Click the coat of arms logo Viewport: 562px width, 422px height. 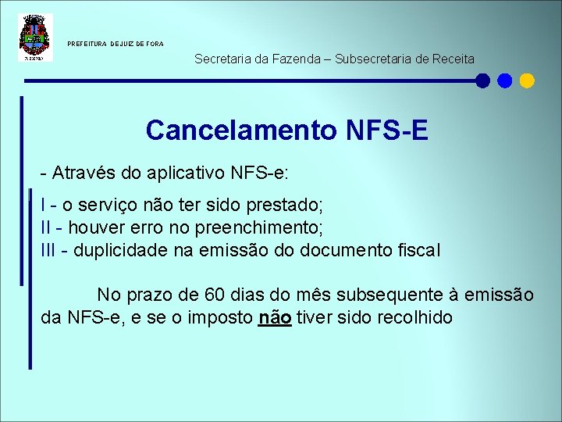pyautogui.click(x=34, y=38)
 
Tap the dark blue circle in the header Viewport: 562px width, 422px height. pyautogui.click(x=483, y=80)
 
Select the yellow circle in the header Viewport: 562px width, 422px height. pyautogui.click(x=527, y=80)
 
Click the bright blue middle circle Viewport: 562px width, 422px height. pyautogui.click(x=505, y=80)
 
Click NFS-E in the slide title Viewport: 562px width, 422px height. pyautogui.click(x=385, y=130)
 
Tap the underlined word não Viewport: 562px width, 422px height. pyautogui.click(x=274, y=318)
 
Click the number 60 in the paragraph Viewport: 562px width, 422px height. pyautogui.click(x=214, y=295)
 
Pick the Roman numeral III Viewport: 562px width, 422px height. pyautogui.click(x=49, y=251)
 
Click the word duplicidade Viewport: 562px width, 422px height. pyautogui.click(x=116, y=251)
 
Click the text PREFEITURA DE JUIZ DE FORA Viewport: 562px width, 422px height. pyautogui.click(x=116, y=44)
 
